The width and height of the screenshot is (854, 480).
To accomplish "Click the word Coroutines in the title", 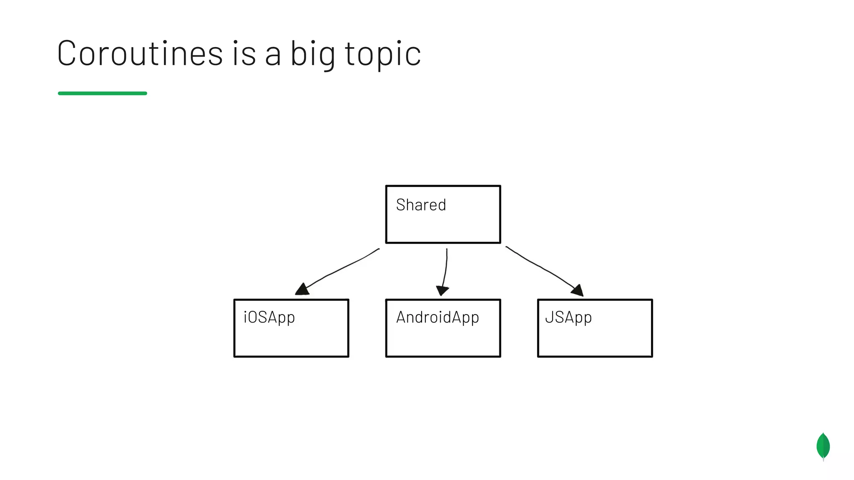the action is (x=140, y=53).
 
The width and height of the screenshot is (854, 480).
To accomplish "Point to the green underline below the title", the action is (x=102, y=93).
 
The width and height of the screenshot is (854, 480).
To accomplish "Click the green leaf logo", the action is (x=823, y=446).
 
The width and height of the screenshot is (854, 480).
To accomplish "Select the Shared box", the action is (x=443, y=225).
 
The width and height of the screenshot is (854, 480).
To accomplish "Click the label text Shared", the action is (x=421, y=205).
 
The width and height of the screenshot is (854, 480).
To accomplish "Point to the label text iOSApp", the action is (x=269, y=317).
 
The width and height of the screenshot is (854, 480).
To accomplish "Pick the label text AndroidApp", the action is (x=437, y=317).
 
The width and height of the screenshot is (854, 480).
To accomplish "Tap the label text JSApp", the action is (x=568, y=317).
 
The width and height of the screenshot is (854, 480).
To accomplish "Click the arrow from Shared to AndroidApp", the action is (x=446, y=269).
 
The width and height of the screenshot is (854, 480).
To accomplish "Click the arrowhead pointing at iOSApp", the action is (x=302, y=289).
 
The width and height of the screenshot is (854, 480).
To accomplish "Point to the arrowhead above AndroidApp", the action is (x=442, y=290).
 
